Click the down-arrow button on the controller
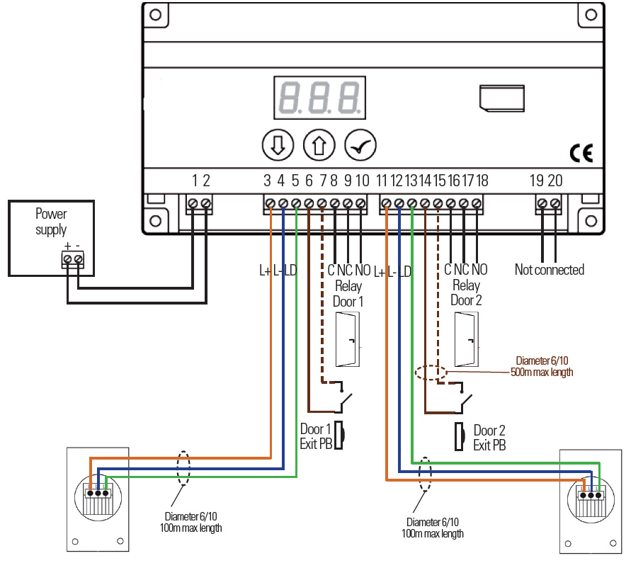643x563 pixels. pyautogui.click(x=277, y=145)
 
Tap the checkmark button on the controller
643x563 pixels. pyautogui.click(x=360, y=145)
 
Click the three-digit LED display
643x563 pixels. pyautogui.click(x=319, y=98)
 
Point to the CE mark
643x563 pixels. pyautogui.click(x=581, y=153)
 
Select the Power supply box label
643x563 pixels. pyautogui.click(x=51, y=221)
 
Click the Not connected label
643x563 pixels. pyautogui.click(x=550, y=270)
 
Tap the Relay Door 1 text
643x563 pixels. pyautogui.click(x=347, y=293)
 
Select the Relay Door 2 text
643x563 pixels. pyautogui.click(x=465, y=293)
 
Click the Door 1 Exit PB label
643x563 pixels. pyautogui.click(x=316, y=437)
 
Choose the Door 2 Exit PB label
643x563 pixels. pyautogui.click(x=490, y=438)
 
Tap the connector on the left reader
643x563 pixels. pyautogui.click(x=97, y=494)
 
